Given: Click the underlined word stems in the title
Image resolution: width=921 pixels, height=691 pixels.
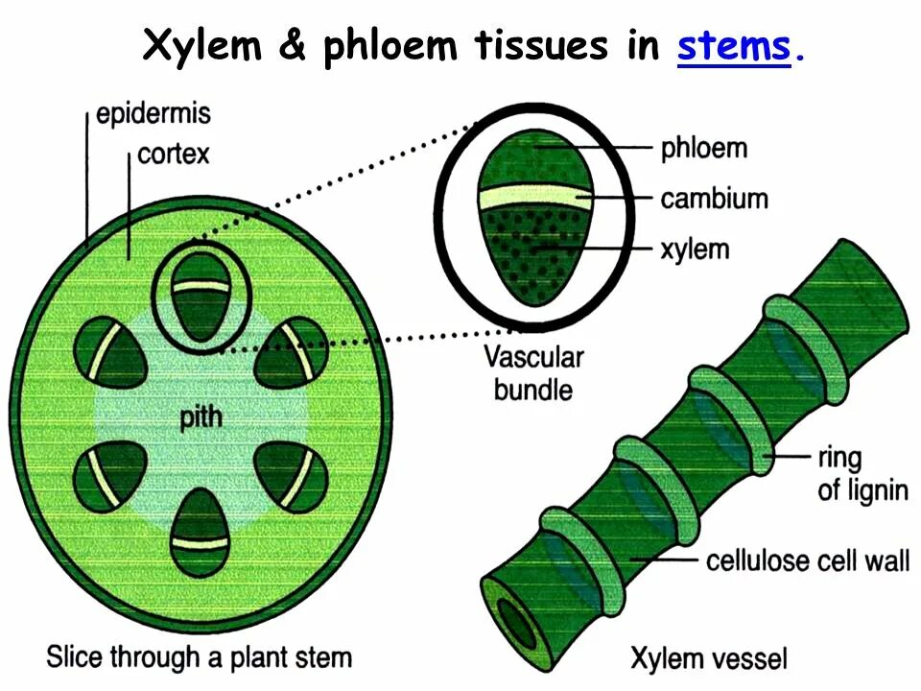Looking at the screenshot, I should click(733, 45).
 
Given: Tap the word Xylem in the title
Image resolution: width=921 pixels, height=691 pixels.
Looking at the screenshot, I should click(201, 45).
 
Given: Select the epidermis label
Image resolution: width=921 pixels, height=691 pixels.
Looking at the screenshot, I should click(153, 115).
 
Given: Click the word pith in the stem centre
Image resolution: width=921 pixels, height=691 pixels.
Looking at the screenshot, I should click(202, 418).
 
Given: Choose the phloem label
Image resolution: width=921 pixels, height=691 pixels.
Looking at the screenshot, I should click(703, 148).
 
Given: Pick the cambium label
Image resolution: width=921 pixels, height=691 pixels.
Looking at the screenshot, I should click(715, 199).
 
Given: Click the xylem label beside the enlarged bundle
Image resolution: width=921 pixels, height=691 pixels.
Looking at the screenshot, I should click(695, 250).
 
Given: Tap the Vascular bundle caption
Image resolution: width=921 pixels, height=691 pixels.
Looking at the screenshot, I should click(533, 373).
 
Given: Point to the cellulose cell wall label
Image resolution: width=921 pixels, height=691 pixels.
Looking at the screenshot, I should click(807, 559).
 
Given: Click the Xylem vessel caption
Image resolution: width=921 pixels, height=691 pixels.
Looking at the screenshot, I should click(708, 658).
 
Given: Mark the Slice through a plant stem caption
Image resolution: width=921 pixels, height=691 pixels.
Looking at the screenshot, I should click(199, 657).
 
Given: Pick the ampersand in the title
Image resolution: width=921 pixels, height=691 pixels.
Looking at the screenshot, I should click(292, 45).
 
